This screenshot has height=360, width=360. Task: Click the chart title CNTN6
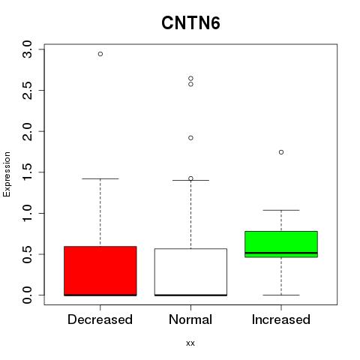pos(190,23)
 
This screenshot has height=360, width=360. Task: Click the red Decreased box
pos(100,271)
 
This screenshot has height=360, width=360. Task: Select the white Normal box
pos(190,272)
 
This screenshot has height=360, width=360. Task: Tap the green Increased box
pos(281,244)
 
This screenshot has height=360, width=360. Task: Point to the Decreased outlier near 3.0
pos(100,54)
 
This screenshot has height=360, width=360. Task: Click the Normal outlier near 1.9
pos(190,138)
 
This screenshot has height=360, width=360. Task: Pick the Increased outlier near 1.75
pos(281,152)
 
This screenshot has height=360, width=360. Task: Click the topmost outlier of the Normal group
pos(190,79)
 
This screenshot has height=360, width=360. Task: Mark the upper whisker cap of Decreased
pos(100,178)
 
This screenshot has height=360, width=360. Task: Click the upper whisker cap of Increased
pos(281,210)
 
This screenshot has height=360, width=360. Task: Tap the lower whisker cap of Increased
pos(281,295)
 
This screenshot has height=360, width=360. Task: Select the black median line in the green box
pos(281,253)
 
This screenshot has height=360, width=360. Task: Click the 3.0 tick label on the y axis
pos(27,49)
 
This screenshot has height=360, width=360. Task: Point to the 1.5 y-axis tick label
pos(27,172)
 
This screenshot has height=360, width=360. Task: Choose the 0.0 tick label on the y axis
pos(27,295)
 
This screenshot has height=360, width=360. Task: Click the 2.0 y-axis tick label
pos(27,131)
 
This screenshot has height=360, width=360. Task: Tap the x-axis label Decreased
pos(100,319)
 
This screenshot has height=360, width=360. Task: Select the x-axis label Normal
pos(190,319)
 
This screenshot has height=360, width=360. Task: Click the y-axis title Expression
pos(7,174)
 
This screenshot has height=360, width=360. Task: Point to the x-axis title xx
pos(190,343)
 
